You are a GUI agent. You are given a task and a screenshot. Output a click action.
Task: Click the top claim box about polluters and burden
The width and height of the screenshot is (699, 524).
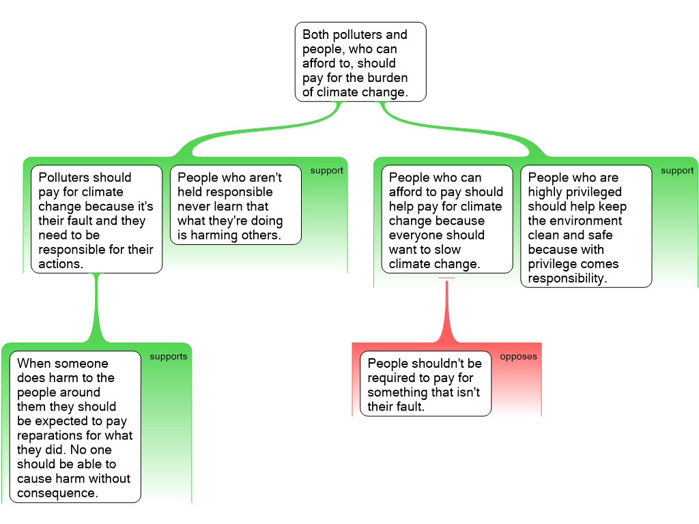coord(360,62)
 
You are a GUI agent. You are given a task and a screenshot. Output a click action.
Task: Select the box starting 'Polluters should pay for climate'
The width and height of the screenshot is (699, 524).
coord(96,220)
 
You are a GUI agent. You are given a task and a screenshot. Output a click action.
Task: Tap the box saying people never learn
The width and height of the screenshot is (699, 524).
coord(235,205)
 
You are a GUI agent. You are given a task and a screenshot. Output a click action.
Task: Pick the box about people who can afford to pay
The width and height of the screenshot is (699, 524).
coord(446,220)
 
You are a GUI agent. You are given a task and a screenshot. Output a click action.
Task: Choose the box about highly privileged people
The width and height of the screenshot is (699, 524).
coord(586,227)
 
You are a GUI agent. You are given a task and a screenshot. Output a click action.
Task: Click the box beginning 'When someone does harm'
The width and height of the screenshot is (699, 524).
coord(75,427)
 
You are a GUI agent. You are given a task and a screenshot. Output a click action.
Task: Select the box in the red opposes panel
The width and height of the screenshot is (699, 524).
coord(425,384)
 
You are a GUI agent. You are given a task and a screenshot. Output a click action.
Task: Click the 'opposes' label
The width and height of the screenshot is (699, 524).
coord(518,357)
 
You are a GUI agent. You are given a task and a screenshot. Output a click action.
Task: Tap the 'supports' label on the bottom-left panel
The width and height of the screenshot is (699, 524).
coord(168,357)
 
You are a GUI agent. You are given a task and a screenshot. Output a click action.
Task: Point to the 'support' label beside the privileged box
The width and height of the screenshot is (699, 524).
coord(676,171)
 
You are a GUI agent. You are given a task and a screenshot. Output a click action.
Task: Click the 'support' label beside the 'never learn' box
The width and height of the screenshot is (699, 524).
coord(326,171)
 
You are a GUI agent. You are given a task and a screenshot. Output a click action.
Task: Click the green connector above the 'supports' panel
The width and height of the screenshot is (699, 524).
coord(96,307)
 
